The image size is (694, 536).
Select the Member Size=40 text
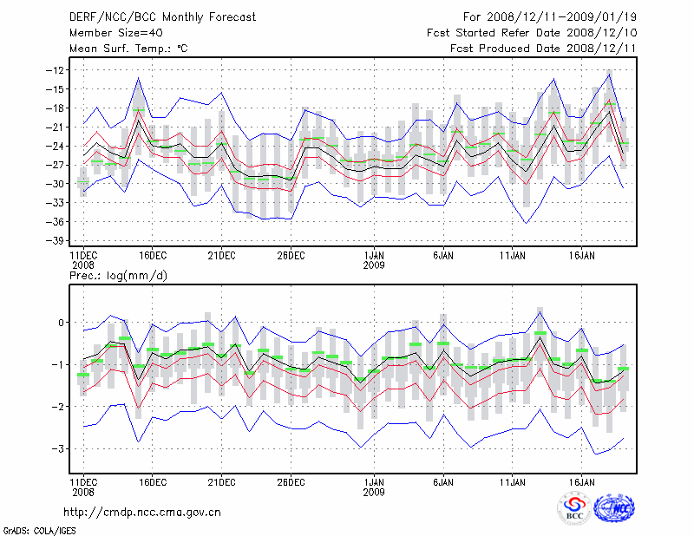click(111, 33)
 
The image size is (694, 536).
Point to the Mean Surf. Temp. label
click(128, 49)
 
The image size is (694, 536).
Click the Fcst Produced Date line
click(543, 49)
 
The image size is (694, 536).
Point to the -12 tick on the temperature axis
click(59, 70)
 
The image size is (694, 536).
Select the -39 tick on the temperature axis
click(59, 241)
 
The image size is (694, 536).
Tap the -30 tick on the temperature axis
click(59, 184)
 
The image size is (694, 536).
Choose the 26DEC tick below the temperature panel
click(291, 256)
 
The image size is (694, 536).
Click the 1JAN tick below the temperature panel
click(374, 256)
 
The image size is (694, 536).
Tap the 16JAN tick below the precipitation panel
click(581, 480)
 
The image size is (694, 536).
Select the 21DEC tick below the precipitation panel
click(221, 480)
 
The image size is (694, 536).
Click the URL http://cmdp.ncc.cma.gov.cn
click(142, 512)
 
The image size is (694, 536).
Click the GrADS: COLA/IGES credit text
click(33, 530)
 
